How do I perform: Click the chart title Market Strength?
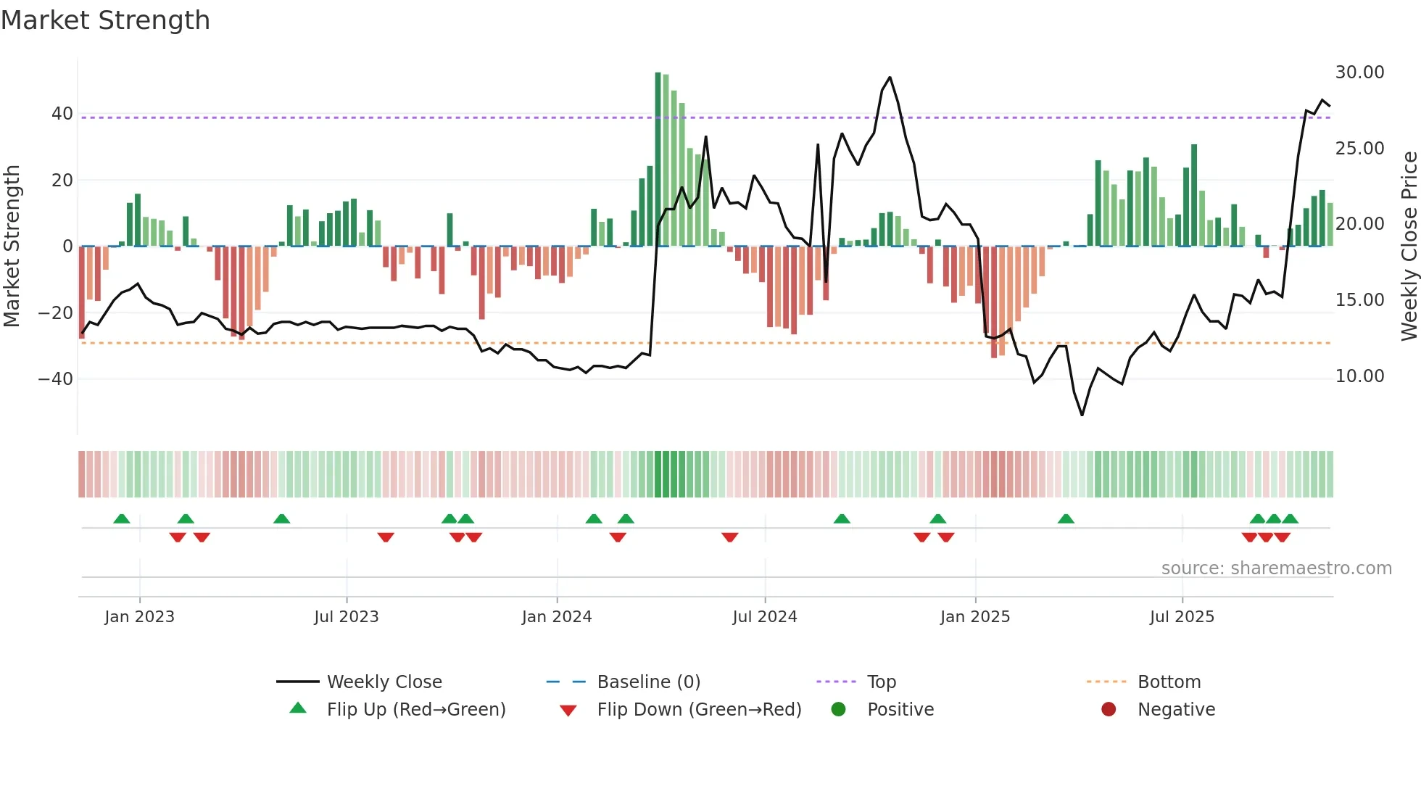pos(105,20)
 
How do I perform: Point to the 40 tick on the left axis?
pos(62,114)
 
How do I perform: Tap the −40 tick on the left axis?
pos(56,379)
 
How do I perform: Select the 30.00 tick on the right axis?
pos(1359,73)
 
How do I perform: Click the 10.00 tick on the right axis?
pos(1359,376)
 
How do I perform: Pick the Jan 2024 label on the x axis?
pos(556,617)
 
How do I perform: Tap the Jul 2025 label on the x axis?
pos(1181,617)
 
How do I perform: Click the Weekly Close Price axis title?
pos(1409,247)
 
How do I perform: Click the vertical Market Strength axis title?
pos(12,247)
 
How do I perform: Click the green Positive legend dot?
pos(838,710)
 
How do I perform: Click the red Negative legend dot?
pos(1108,710)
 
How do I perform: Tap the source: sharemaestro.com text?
pos(1276,568)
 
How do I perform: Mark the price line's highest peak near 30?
pos(890,78)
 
